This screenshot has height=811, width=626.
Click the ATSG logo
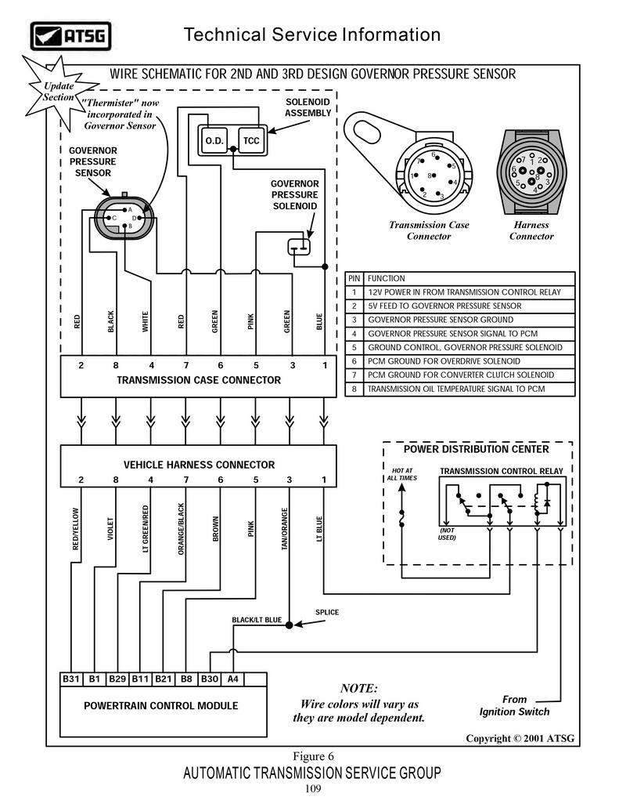click(70, 36)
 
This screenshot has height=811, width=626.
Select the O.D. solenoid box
click(214, 140)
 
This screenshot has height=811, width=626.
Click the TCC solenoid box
click(251, 140)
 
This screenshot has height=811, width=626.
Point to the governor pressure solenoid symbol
click(299, 247)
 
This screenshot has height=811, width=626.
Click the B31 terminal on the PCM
click(70, 679)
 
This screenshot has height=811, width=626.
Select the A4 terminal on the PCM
click(233, 679)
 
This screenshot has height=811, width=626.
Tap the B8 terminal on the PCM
click(186, 679)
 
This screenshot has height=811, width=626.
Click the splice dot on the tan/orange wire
click(290, 625)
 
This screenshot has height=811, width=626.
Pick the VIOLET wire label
click(110, 529)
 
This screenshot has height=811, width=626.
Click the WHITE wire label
click(145, 321)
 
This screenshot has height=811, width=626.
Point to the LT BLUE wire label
click(319, 529)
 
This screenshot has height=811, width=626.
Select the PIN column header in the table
click(354, 278)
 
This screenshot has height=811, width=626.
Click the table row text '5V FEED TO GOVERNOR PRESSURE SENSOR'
click(444, 306)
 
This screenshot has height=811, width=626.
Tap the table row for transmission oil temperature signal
click(459, 389)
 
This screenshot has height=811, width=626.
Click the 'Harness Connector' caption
click(531, 230)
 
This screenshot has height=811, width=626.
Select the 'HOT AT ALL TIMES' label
click(402, 474)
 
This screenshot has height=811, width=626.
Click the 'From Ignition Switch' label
click(514, 705)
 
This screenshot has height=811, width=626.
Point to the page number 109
click(313, 788)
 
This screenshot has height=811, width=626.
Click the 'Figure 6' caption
click(314, 756)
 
